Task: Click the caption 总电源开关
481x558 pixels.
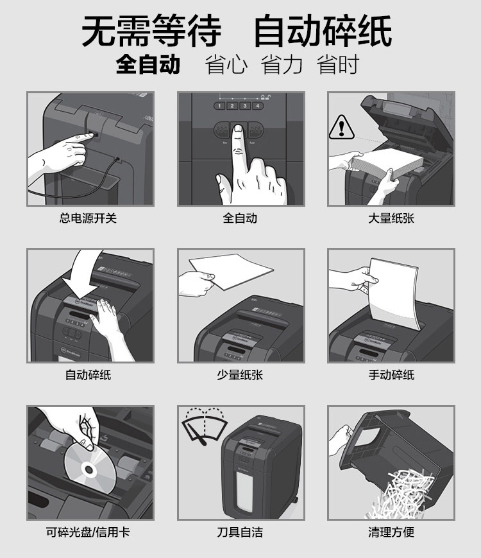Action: tap(88, 218)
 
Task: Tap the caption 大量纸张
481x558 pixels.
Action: tap(391, 218)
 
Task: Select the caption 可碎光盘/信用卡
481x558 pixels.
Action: tap(88, 532)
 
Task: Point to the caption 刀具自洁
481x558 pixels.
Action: tap(240, 532)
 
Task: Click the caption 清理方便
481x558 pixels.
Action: tap(391, 532)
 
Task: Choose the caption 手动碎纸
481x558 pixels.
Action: tap(391, 375)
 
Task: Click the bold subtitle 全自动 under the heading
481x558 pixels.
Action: tap(148, 64)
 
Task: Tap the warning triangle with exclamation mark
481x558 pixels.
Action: tap(341, 127)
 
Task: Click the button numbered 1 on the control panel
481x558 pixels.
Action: tap(219, 106)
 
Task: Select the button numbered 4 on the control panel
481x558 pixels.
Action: tap(258, 106)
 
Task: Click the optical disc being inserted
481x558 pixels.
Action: tap(90, 468)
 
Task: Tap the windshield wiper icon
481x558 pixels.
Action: tap(205, 426)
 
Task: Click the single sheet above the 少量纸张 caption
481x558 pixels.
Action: tap(231, 270)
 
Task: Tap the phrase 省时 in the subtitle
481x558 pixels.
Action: tap(338, 64)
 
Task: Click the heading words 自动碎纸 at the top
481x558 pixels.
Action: tap(323, 31)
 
